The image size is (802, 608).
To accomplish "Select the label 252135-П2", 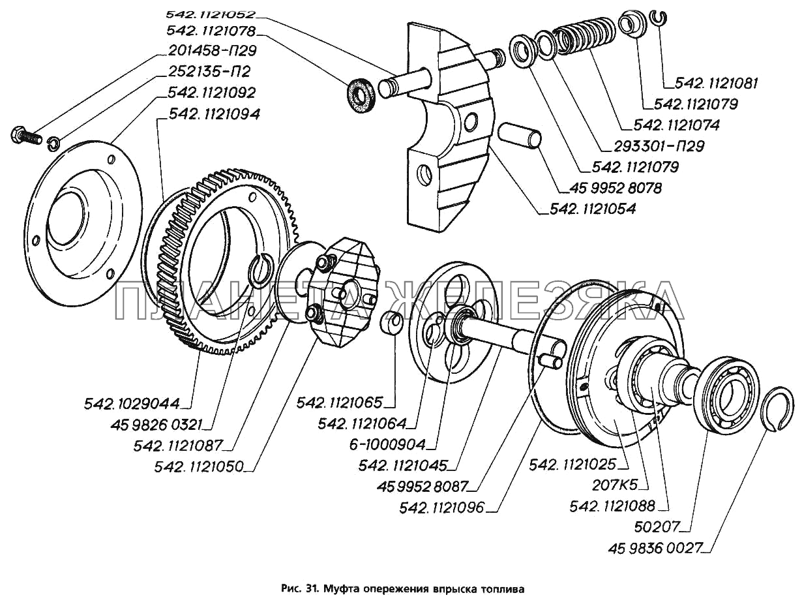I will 209,72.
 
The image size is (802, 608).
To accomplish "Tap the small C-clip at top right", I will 660,18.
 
